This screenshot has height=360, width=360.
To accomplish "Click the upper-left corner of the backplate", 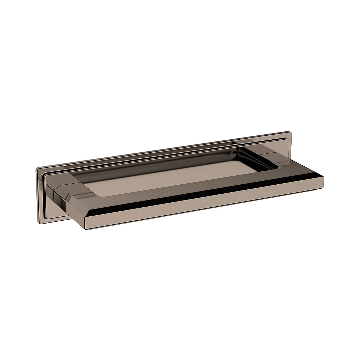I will click(38, 168).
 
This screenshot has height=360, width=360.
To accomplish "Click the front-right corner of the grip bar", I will click(323, 177).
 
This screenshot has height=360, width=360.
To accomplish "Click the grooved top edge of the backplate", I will click(162, 151).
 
